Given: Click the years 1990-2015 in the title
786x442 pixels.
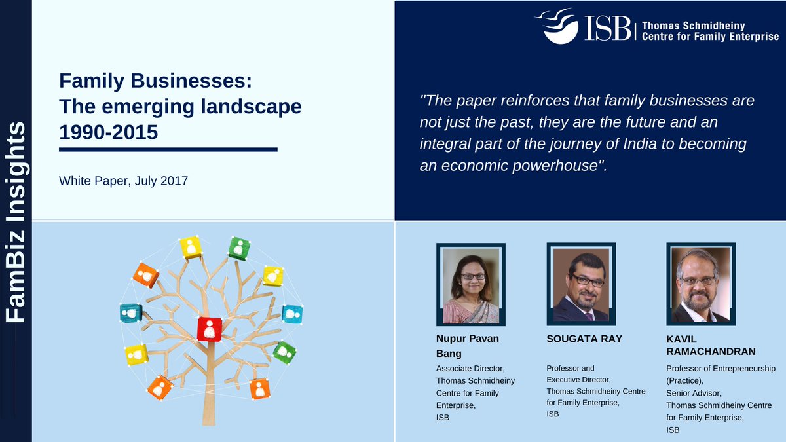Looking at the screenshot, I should pyautogui.click(x=109, y=132).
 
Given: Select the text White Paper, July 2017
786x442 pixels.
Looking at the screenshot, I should pyautogui.click(x=123, y=180).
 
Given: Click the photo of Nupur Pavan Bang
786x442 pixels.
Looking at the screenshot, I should pyautogui.click(x=471, y=285).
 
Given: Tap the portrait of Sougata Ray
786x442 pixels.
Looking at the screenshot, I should pyautogui.click(x=581, y=285).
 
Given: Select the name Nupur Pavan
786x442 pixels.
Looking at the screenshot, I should pyautogui.click(x=468, y=339).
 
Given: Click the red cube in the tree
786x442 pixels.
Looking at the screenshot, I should pyautogui.click(x=210, y=328).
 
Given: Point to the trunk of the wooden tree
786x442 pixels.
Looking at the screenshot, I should pyautogui.click(x=208, y=393).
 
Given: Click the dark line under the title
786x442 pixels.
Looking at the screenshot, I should pyautogui.click(x=168, y=149).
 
